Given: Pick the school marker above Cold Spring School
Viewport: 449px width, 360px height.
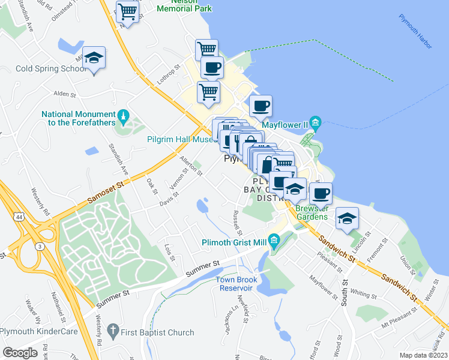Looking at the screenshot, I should pos(94,58).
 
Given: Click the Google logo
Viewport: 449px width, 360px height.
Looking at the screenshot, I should pos(20,352).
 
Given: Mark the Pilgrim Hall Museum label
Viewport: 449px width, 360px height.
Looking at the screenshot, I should pos(180,139).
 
